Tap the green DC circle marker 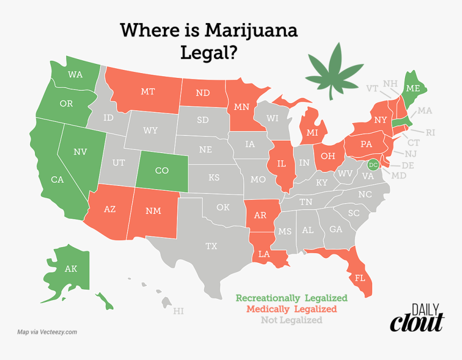click(x=374, y=164)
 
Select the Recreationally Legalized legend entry click(x=292, y=298)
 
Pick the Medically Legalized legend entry click(x=292, y=309)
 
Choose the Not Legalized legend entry click(x=292, y=320)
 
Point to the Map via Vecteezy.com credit click(x=47, y=332)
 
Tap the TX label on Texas click(x=211, y=246)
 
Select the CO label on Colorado click(x=162, y=170)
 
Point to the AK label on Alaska click(x=71, y=269)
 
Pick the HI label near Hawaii click(x=178, y=311)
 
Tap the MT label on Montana click(x=148, y=91)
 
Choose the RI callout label click(x=430, y=132)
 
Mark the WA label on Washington click(x=75, y=74)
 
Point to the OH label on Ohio click(x=328, y=155)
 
